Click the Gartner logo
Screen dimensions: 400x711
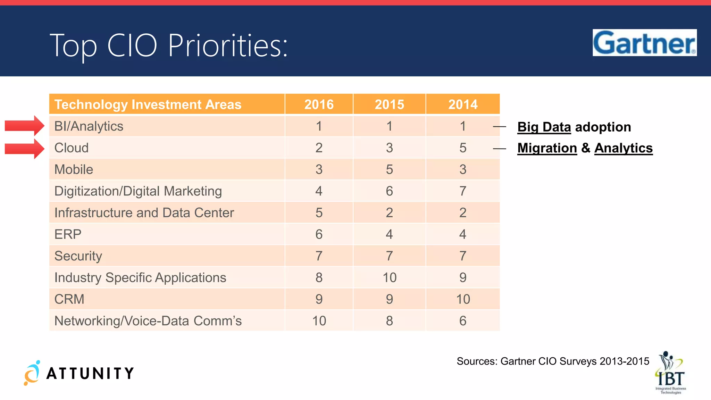[x=644, y=43]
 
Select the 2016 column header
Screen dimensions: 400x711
[x=319, y=105]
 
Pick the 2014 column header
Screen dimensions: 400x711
[x=463, y=105]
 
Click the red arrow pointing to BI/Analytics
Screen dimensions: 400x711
[x=25, y=126]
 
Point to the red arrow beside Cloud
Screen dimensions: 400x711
[x=25, y=149]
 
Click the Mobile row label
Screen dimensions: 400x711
[x=74, y=169]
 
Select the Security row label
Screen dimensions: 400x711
[x=78, y=256]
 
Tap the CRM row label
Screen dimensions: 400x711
[x=69, y=299]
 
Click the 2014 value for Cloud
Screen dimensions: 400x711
[x=463, y=148]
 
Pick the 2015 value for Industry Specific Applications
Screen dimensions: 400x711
[x=390, y=277]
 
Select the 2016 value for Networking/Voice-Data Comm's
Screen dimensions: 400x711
[x=319, y=321]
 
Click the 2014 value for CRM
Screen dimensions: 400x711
[x=463, y=299]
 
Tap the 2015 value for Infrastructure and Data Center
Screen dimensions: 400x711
[x=390, y=212]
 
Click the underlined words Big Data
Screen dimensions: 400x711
[x=544, y=127]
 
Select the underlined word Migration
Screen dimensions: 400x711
[x=547, y=148]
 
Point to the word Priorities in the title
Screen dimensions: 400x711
[x=227, y=45]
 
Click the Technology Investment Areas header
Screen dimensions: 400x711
[x=148, y=105]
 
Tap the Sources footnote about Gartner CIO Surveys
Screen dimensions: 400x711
[x=553, y=361]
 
